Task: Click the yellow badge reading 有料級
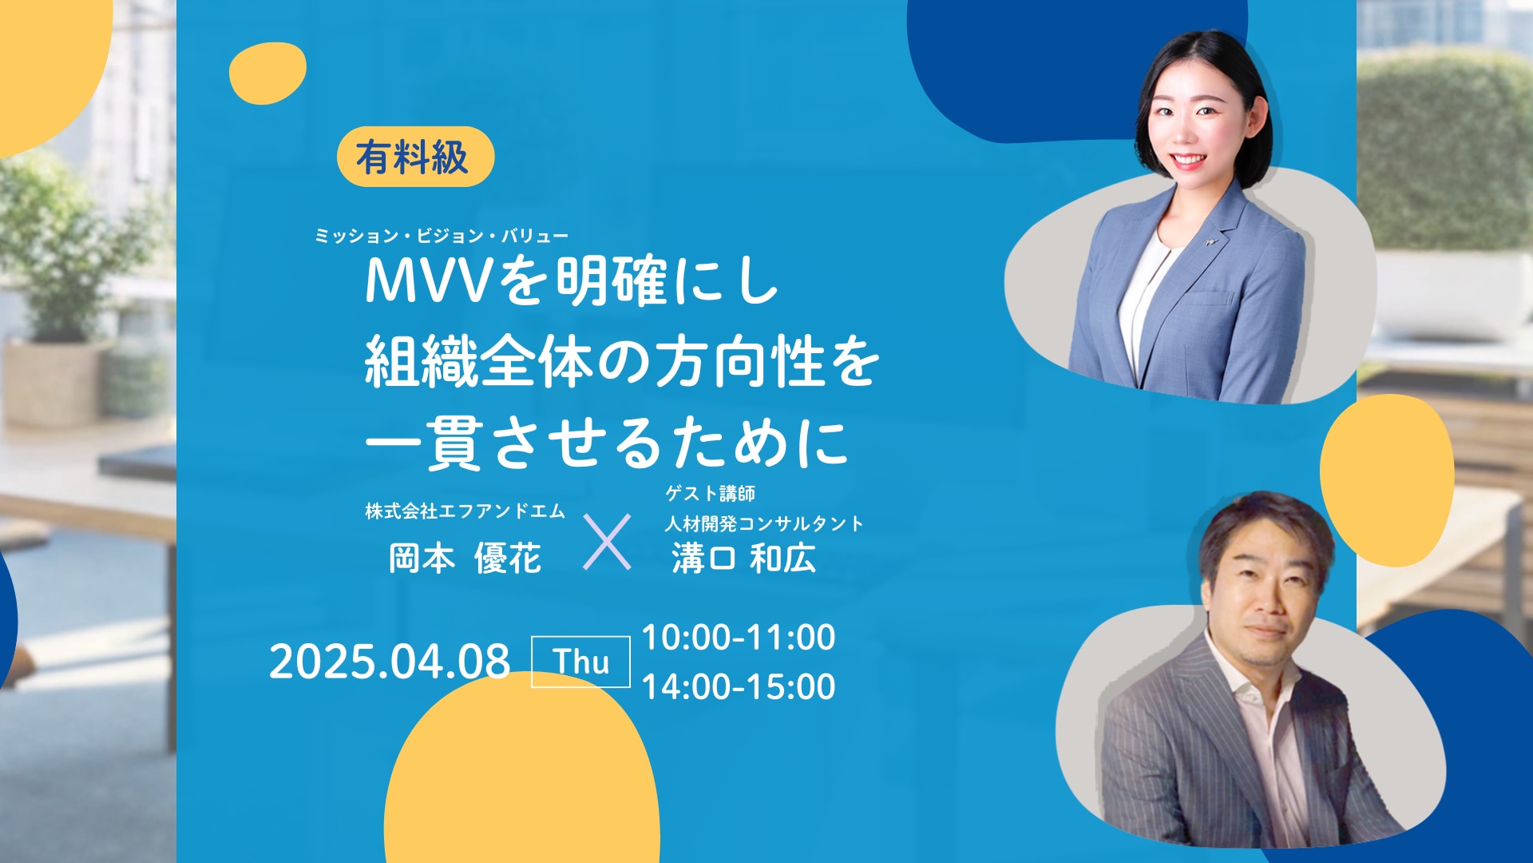[415, 157]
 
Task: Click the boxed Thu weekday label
[580, 662]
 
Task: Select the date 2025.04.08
[389, 661]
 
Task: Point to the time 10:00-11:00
[739, 637]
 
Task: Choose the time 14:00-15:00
[739, 686]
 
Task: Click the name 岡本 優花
[465, 559]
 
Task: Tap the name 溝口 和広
[743, 559]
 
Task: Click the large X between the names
[607, 542]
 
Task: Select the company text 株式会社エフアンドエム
[465, 511]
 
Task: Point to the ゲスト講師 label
[710, 493]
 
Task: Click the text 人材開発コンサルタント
[764, 523]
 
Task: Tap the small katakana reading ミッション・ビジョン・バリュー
[442, 236]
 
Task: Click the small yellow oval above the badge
[267, 74]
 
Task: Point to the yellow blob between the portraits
[1386, 480]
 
